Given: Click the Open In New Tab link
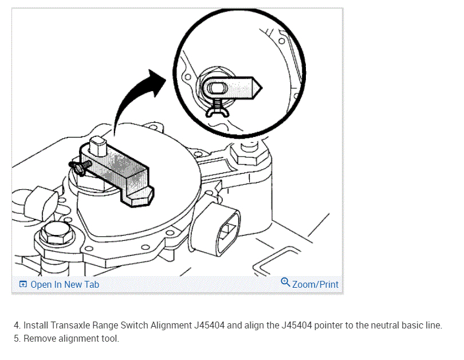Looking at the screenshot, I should (x=64, y=284).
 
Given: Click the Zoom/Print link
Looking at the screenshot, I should (x=315, y=284).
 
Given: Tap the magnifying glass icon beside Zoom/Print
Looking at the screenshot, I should (x=285, y=283).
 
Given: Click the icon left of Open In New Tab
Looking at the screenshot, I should (x=23, y=285).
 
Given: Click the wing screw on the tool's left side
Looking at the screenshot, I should (x=79, y=166).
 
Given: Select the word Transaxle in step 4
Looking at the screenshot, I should (x=72, y=325).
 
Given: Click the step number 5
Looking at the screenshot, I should (x=17, y=338).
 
